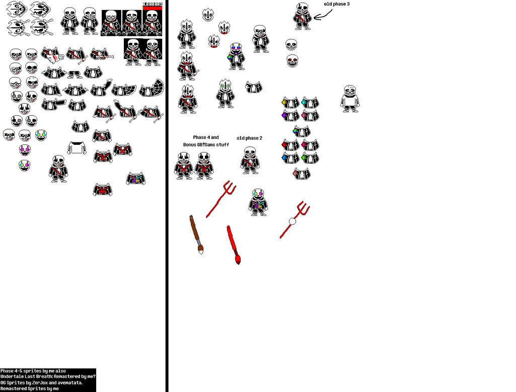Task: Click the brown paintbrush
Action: click(195, 234)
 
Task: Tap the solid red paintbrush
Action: click(233, 245)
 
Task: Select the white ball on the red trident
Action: click(292, 221)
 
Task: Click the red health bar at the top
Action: click(153, 8)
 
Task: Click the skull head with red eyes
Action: click(292, 61)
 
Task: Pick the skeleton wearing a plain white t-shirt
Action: click(350, 98)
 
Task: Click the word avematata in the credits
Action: click(68, 382)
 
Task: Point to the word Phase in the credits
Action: click(7, 371)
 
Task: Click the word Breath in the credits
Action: click(43, 376)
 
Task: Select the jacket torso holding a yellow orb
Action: click(289, 103)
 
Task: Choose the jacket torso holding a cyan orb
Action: click(310, 103)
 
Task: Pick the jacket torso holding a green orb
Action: click(310, 158)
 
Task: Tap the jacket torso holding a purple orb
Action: click(289, 116)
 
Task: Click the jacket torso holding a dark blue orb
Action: click(289, 158)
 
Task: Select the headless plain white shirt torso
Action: click(77, 148)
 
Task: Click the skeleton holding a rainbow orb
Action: click(236, 56)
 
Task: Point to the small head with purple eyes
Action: click(25, 149)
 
